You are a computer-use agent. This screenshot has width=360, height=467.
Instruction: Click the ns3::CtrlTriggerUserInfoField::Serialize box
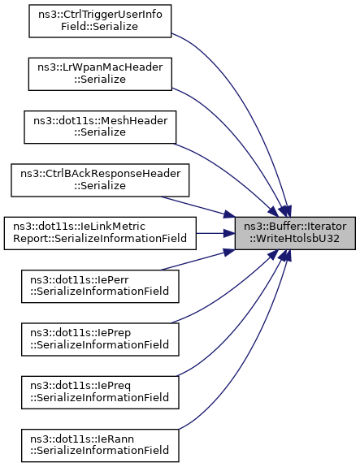pyautogui.click(x=100, y=21)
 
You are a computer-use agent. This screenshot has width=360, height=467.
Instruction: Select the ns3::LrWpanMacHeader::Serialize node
pyautogui.click(x=100, y=74)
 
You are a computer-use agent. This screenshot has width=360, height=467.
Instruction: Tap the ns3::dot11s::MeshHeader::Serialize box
pyautogui.click(x=100, y=128)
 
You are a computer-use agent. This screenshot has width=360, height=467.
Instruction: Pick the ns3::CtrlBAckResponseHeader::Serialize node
pyautogui.click(x=100, y=180)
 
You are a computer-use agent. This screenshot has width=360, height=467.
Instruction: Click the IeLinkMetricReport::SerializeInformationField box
pyautogui.click(x=100, y=233)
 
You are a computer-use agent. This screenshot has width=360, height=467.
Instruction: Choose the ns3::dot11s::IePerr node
pyautogui.click(x=100, y=286)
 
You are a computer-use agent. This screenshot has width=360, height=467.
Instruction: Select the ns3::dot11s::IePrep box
pyautogui.click(x=100, y=339)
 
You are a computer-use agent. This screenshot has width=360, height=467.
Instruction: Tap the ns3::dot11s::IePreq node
pyautogui.click(x=100, y=392)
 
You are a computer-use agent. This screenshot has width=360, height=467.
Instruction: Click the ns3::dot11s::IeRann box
pyautogui.click(x=100, y=445)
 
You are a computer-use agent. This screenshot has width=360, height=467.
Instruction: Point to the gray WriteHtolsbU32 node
pyautogui.click(x=295, y=233)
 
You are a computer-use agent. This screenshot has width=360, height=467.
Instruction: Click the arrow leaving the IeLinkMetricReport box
pyautogui.click(x=215, y=233)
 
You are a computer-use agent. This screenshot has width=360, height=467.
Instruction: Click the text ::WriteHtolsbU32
pyautogui.click(x=295, y=239)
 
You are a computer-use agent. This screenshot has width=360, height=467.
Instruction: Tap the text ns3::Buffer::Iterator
pyautogui.click(x=295, y=227)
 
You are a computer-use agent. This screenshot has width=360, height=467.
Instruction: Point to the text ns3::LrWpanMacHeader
pyautogui.click(x=100, y=67)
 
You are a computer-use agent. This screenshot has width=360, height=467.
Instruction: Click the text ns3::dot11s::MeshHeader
pyautogui.click(x=101, y=121)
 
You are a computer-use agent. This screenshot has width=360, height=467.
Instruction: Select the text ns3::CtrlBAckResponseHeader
pyautogui.click(x=101, y=174)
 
